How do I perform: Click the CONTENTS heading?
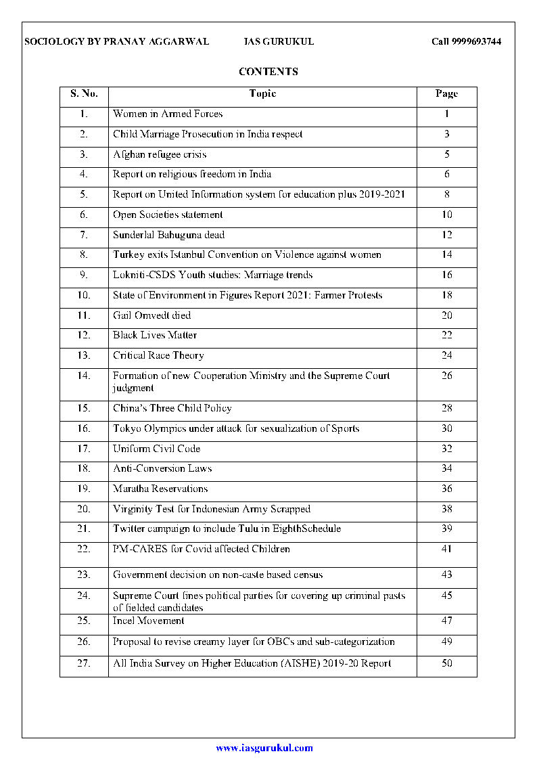click(x=268, y=72)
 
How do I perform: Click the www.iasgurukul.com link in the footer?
click(x=264, y=748)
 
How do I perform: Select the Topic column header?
click(x=262, y=94)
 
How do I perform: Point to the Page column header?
click(x=446, y=94)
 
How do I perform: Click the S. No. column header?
click(x=84, y=94)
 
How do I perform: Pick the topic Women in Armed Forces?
click(x=168, y=114)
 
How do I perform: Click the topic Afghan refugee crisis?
click(x=160, y=154)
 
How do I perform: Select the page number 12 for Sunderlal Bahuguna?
click(x=446, y=235)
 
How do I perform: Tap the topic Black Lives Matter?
click(x=155, y=335)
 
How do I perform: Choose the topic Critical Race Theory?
click(x=158, y=355)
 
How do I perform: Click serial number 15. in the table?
click(x=84, y=408)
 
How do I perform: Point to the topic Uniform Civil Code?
click(x=156, y=449)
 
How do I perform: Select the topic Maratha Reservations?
click(x=160, y=489)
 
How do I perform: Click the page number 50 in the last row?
click(x=446, y=663)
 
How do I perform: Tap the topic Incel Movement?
click(x=148, y=621)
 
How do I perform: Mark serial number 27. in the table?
click(x=84, y=663)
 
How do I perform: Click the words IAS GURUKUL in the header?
click(x=279, y=42)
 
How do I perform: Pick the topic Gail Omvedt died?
click(x=151, y=315)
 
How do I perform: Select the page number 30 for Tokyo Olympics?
click(x=446, y=428)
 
